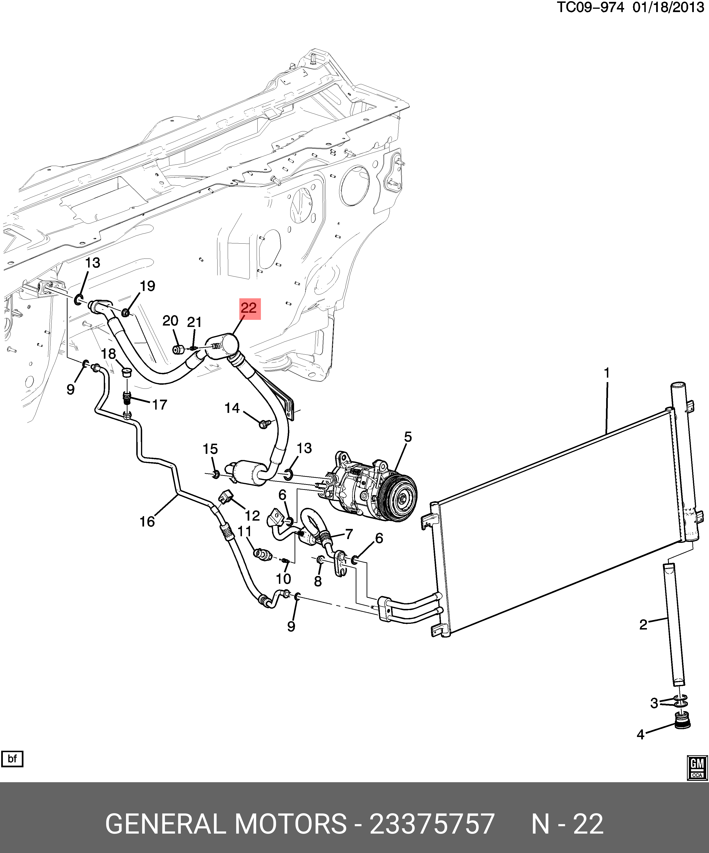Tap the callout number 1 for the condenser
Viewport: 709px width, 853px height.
tap(607, 373)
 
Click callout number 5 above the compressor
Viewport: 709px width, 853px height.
tap(408, 437)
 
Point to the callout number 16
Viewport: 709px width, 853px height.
tap(147, 521)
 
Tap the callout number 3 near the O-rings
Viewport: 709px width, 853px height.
tap(654, 703)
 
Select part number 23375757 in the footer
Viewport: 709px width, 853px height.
tap(432, 823)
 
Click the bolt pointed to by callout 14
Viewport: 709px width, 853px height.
tap(263, 424)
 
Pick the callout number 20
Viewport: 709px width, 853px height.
tap(170, 321)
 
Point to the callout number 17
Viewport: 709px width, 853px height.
tap(159, 405)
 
